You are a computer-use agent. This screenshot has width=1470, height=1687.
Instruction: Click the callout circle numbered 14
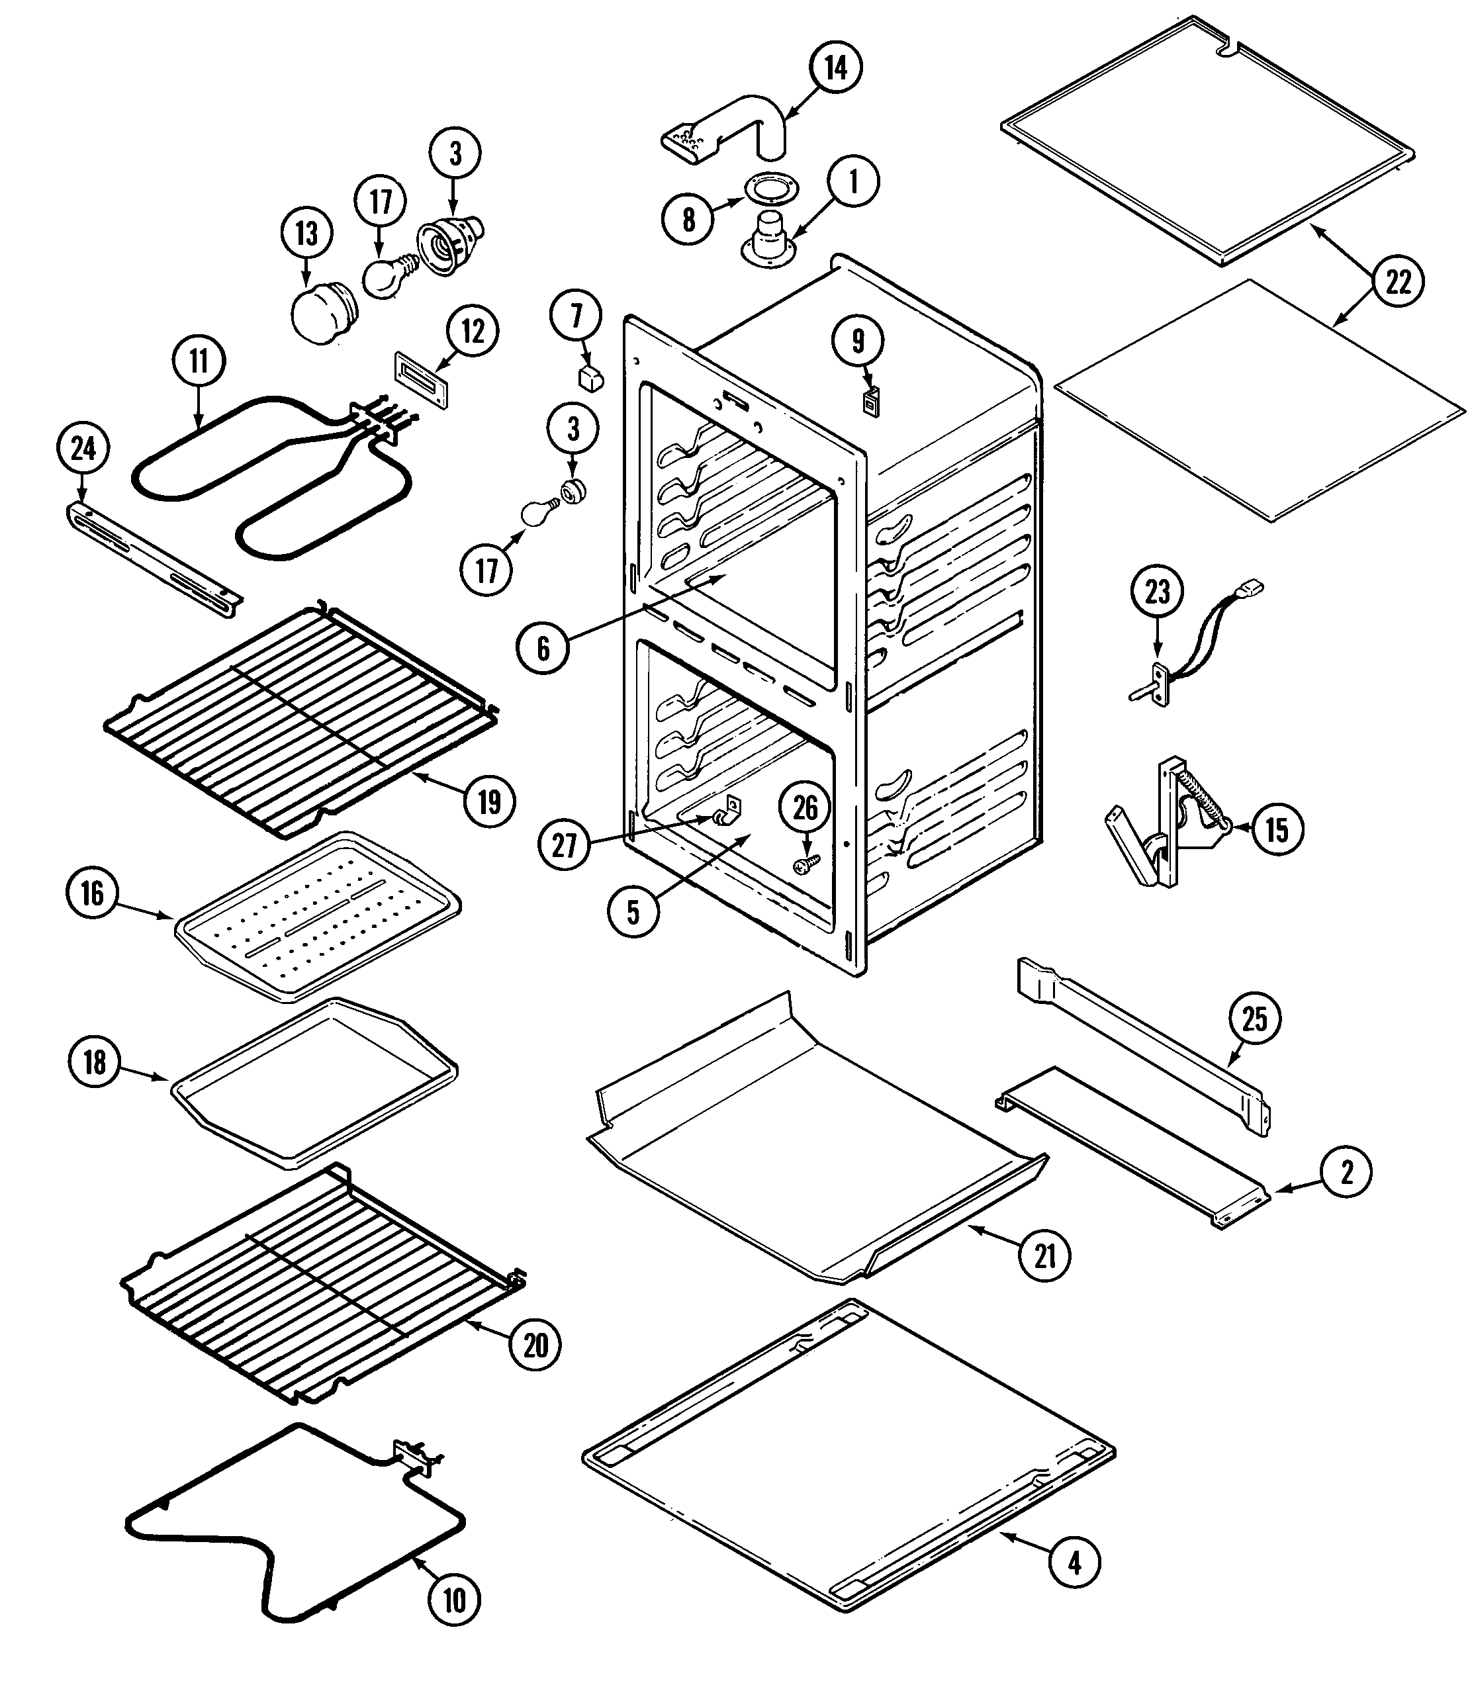[x=835, y=68]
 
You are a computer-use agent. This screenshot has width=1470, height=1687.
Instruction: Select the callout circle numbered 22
[x=1398, y=282]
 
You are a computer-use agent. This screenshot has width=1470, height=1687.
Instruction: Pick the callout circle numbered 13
[x=306, y=234]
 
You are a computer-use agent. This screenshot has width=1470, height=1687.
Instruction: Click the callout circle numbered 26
[x=805, y=808]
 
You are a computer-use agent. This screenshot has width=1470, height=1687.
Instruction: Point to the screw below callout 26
[x=806, y=862]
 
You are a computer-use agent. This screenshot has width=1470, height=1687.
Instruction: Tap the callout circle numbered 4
[x=1074, y=1563]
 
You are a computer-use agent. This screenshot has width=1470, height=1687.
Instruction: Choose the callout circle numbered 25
[x=1254, y=1019]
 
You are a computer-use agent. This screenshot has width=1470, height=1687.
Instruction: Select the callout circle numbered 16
[x=92, y=892]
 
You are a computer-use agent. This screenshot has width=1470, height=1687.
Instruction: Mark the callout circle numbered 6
[x=543, y=648]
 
